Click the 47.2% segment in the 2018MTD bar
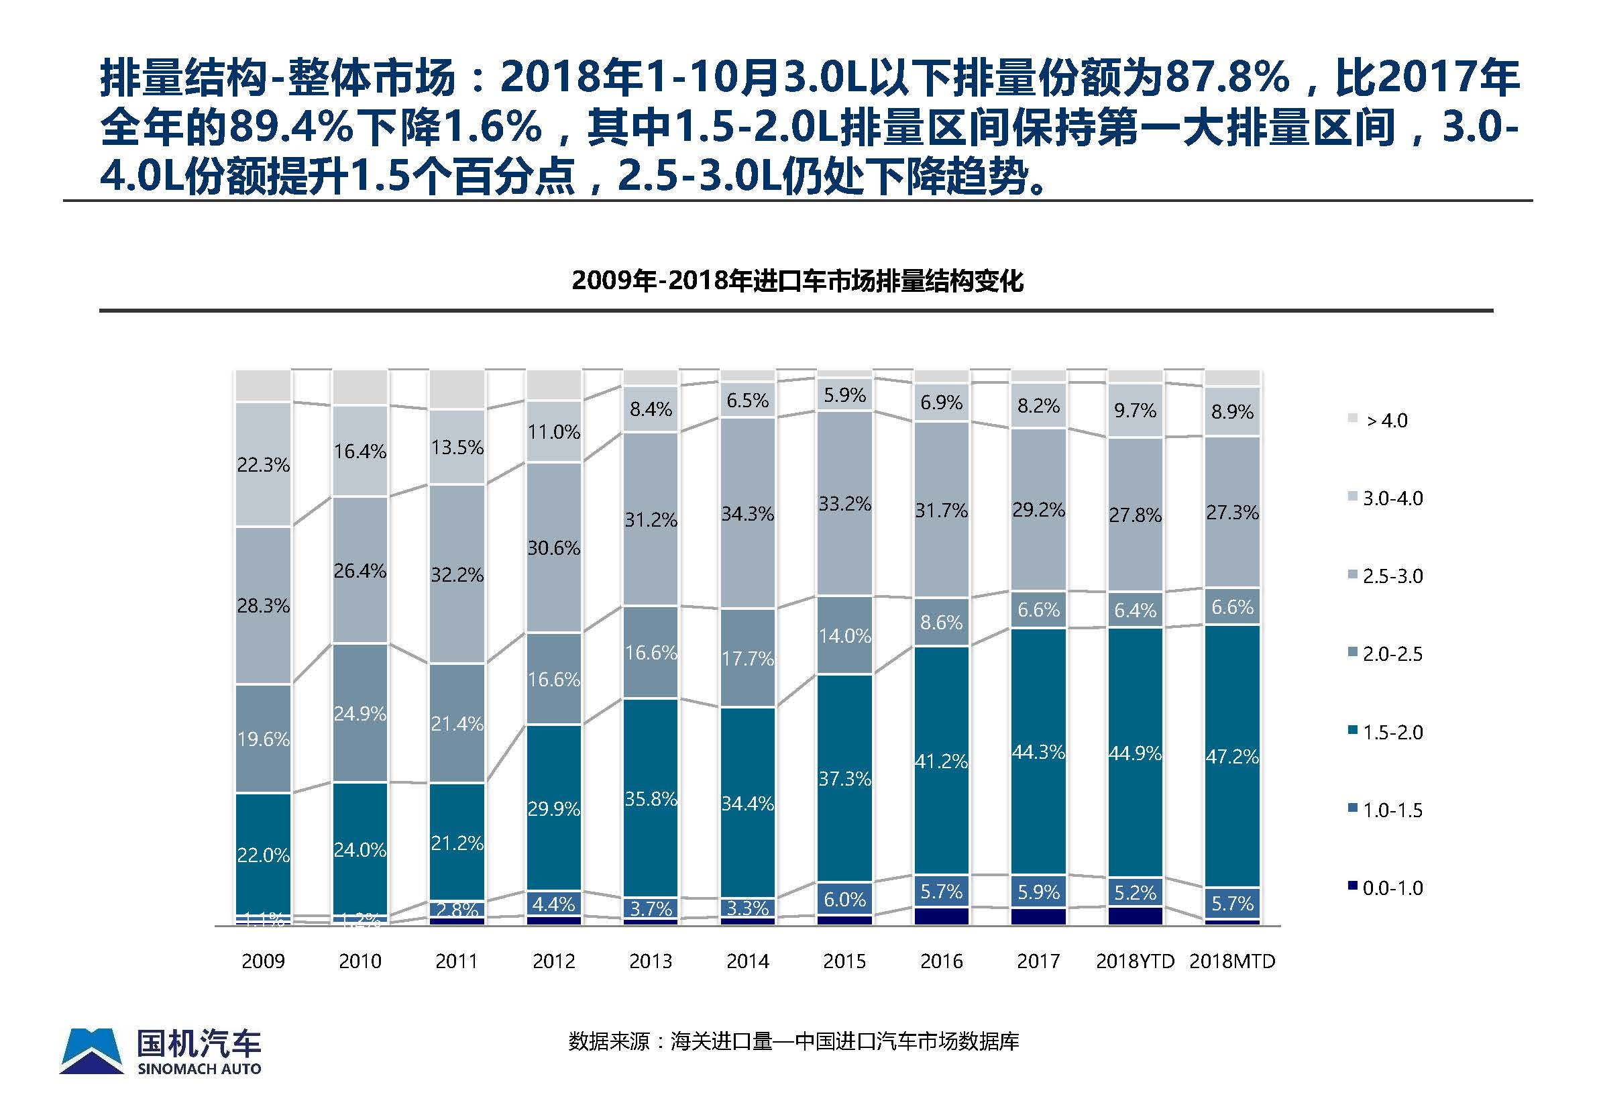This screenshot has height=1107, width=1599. pos(1232,756)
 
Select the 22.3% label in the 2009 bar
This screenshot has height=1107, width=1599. pos(263,465)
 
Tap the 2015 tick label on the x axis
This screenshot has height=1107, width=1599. pos(844,961)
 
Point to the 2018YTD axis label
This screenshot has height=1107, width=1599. pos(1135,961)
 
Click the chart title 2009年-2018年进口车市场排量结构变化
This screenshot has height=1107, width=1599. pos(797,281)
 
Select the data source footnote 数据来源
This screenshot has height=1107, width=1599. pos(793,1041)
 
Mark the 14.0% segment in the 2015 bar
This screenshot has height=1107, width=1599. pos(844,635)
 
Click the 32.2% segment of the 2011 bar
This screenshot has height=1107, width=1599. pos(457,574)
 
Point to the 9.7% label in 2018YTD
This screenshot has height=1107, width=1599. pos(1135,411)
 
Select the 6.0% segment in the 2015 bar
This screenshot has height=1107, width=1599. pos(844,900)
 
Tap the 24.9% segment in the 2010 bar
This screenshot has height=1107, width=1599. pos(360,713)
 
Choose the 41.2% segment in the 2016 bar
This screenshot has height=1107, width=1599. pos(941,761)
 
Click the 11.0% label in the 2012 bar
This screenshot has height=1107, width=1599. pos(553,432)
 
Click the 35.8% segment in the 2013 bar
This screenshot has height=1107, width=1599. pos(651,798)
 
